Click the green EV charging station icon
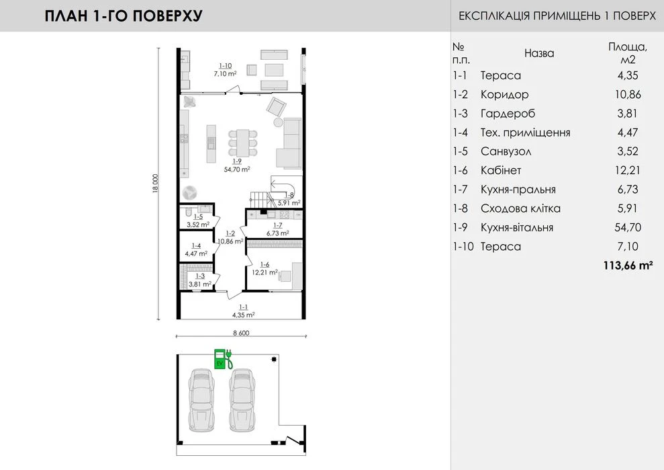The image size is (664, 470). coord(223,359)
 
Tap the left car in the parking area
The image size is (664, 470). coord(201,401)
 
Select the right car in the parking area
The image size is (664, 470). coord(242,401)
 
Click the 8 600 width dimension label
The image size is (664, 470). coord(241,333)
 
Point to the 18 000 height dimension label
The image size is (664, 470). coord(155,184)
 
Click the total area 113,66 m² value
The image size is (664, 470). coord(628,266)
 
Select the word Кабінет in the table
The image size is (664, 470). coord(501,171)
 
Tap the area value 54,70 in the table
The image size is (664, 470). coord(628,227)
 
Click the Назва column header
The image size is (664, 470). coord(539,53)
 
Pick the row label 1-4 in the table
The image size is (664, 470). coord(461,132)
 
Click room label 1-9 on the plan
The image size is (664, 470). coord(237,161)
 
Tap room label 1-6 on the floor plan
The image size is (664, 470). coord(265,264)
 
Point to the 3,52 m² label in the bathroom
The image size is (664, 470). coord(198,225)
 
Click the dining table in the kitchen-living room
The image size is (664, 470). coord(242,143)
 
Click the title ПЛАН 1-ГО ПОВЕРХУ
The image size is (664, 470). coord(124,15)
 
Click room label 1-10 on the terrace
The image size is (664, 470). coord(226,66)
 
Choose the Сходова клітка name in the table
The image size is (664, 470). coord(520,208)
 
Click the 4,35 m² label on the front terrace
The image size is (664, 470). coord(244,315)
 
